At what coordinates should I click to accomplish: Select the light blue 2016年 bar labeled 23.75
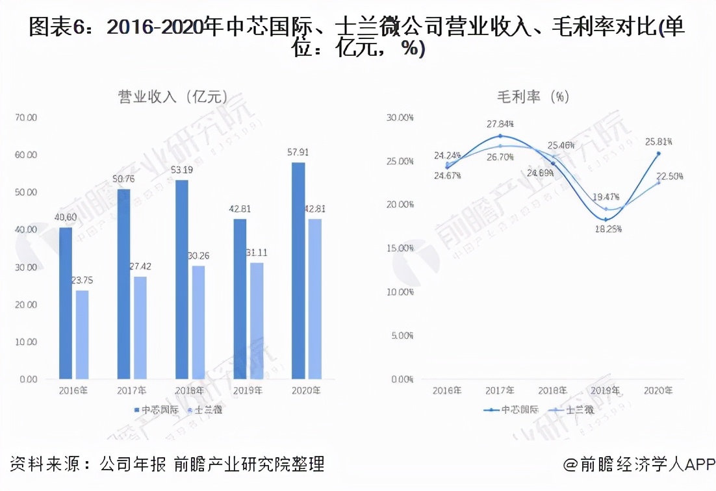tap(82, 334)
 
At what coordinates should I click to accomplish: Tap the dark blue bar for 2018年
tap(183, 279)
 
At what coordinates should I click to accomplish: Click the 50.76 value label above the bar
tap(124, 179)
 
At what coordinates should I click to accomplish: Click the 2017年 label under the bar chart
tap(131, 391)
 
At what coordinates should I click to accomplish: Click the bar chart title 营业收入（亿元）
tap(173, 97)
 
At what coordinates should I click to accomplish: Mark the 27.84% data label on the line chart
tap(500, 123)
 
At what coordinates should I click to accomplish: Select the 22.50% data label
tap(669, 177)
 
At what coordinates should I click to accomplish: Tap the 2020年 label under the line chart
tap(658, 391)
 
